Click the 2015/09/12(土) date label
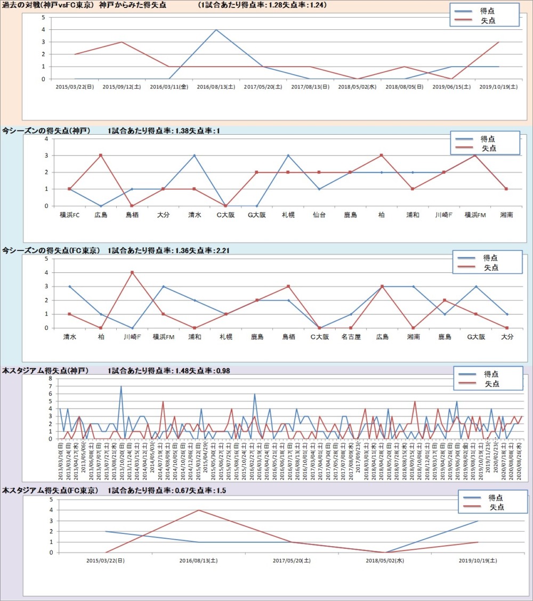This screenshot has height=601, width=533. pyautogui.click(x=122, y=86)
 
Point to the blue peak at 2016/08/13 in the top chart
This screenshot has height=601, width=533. pyautogui.click(x=216, y=30)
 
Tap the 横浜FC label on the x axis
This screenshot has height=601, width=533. pyautogui.click(x=69, y=215)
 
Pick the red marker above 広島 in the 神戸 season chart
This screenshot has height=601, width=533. pyautogui.click(x=101, y=156)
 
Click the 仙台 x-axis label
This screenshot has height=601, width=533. pyautogui.click(x=319, y=215)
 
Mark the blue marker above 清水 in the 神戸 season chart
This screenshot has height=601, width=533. pyautogui.click(x=195, y=156)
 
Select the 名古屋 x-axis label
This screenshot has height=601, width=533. pyautogui.click(x=351, y=337)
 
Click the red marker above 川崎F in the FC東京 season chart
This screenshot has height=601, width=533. pyautogui.click(x=132, y=273)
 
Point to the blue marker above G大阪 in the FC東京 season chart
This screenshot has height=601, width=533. pyautogui.click(x=476, y=287)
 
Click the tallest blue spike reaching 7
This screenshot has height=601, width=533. pyautogui.click(x=121, y=386)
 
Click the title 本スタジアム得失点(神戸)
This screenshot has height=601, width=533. pyautogui.click(x=45, y=371)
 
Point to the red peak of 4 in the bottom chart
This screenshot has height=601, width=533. pyautogui.click(x=199, y=510)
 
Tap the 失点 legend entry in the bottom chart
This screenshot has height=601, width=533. pyautogui.click(x=497, y=507)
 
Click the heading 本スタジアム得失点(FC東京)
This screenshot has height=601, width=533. pyautogui.click(x=50, y=490)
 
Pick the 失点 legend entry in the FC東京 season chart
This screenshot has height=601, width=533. pyautogui.click(x=491, y=267)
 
